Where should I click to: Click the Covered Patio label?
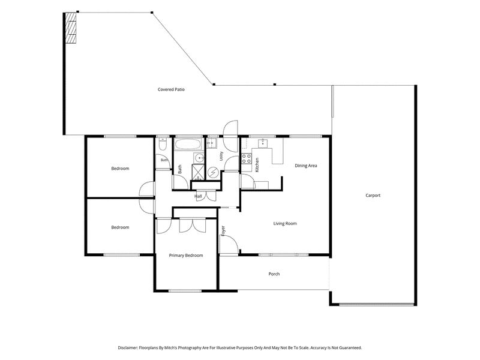point(171,89)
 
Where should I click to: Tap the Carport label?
point(373,196)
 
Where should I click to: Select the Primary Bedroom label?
point(186,256)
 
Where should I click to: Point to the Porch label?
point(274,274)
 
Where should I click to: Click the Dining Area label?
point(306,166)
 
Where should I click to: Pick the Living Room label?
point(285,223)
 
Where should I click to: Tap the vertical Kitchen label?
point(257,164)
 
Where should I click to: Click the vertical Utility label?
point(221,156)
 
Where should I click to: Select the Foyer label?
point(223,231)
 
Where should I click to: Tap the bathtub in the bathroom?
point(188,144)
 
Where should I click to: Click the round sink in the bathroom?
point(200,158)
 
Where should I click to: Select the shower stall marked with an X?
point(198,172)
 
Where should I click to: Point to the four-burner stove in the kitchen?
point(247,158)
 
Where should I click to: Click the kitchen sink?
point(263,143)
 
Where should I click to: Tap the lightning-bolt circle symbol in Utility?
point(212,173)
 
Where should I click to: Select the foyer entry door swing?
point(229,244)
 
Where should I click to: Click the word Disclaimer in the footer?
point(128,348)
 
